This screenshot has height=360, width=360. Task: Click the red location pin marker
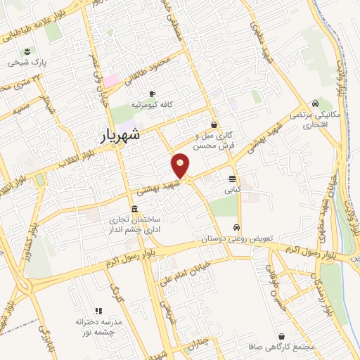(x=181, y=166)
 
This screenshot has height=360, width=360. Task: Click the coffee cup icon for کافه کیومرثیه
(x=152, y=94)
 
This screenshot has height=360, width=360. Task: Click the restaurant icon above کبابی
(x=232, y=178)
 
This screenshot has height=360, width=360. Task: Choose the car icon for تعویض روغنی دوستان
(x=238, y=227)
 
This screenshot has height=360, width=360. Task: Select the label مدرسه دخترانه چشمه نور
(x=99, y=326)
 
